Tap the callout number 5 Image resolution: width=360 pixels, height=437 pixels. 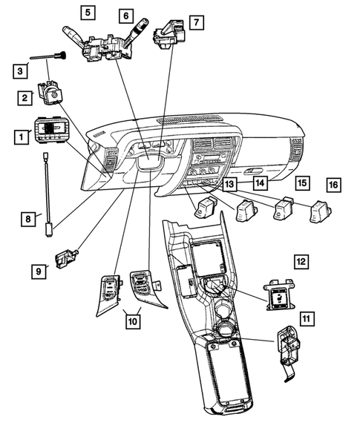(88, 12)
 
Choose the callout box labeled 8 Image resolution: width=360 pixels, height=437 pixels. (27, 218)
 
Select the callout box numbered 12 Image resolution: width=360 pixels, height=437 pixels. (300, 261)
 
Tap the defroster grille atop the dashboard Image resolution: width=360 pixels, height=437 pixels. (191, 118)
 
